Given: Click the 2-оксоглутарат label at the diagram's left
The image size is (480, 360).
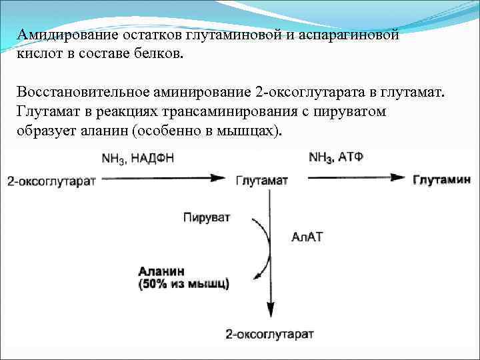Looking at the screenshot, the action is (x=51, y=181).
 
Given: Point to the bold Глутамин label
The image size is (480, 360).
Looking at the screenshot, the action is (x=441, y=180).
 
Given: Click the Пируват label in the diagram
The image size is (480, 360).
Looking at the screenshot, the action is (x=206, y=218).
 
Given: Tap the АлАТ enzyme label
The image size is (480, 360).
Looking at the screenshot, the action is (x=307, y=237).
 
